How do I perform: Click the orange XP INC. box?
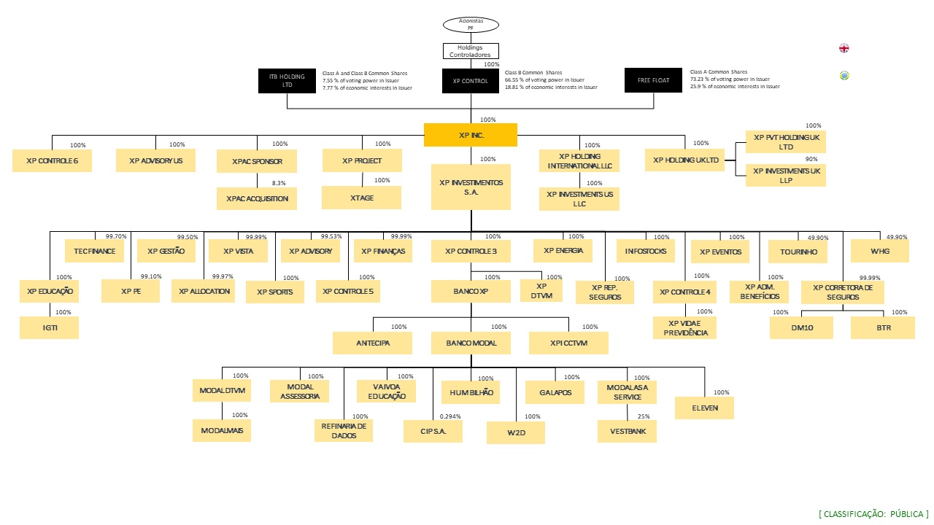coord(470,135)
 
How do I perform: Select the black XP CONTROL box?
coord(470,81)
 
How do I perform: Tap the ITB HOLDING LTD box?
coord(287,80)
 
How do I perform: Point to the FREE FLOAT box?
coord(653,80)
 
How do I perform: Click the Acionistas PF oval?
coord(471,24)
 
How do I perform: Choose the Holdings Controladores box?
coord(471,51)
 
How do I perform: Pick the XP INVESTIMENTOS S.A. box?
coord(470,187)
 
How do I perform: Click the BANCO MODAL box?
coord(471,343)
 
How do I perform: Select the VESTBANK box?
coord(627,431)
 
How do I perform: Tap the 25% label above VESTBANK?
coord(644,416)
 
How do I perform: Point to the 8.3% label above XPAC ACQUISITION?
coord(279,183)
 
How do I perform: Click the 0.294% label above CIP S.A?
coord(450,416)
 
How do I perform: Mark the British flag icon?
coord(844,48)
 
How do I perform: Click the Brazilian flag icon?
coord(844,75)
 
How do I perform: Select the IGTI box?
coord(49,328)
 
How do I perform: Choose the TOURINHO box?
coord(798,252)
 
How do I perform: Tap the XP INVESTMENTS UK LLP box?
coord(786,175)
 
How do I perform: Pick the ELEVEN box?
coord(703,408)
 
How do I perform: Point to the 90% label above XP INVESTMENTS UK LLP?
coord(811,159)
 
